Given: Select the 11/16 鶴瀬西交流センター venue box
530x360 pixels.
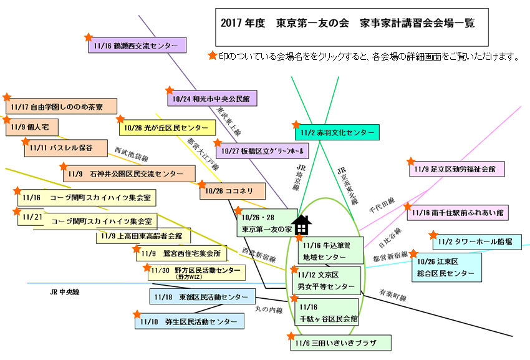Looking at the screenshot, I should pyautogui.click(x=137, y=46).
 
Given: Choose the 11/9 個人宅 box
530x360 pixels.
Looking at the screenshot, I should pyautogui.click(x=32, y=127).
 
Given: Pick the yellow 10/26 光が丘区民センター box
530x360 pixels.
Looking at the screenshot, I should pyautogui.click(x=167, y=127).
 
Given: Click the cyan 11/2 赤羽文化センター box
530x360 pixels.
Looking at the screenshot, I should pyautogui.click(x=337, y=133).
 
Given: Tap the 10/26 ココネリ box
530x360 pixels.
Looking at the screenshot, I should pyautogui.click(x=233, y=191).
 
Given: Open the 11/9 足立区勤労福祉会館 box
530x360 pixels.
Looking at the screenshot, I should pyautogui.click(x=457, y=168).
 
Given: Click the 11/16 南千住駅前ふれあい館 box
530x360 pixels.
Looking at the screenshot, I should pyautogui.click(x=458, y=213).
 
